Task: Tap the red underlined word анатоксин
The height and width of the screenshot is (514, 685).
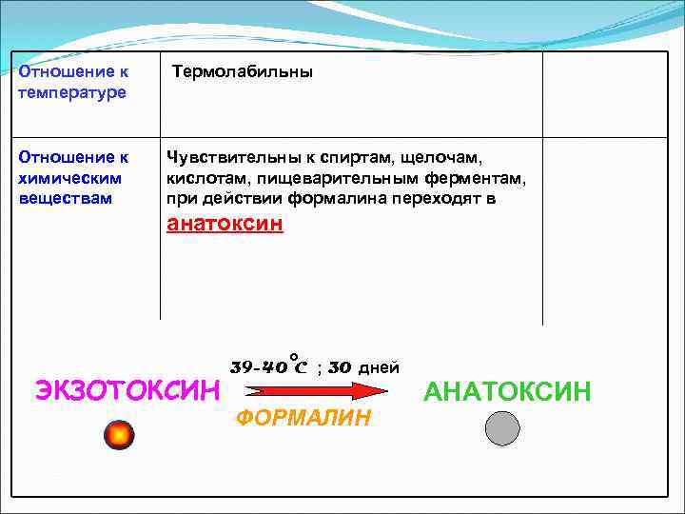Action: coord(225,225)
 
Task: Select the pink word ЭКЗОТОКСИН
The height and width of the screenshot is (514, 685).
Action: coord(127,390)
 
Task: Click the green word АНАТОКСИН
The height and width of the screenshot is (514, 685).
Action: coord(507,390)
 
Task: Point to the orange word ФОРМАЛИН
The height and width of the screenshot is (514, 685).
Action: coord(303,418)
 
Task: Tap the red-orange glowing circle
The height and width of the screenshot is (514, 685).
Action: coord(119,433)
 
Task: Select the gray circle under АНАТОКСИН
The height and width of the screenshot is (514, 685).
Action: coord(502,429)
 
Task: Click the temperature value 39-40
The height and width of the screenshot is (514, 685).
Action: coord(259,367)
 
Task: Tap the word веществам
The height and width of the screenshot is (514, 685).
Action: coord(65,198)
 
